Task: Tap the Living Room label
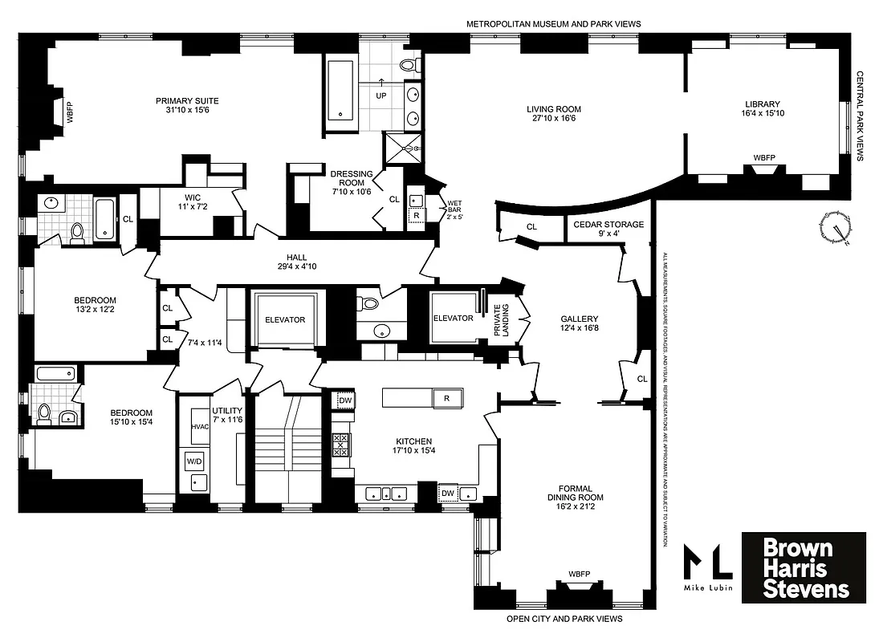(553, 114)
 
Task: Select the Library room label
(762, 109)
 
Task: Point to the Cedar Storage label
(608, 230)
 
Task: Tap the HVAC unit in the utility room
(200, 426)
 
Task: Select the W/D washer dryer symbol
(194, 461)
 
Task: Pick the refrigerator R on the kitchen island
(447, 397)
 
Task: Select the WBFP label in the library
(763, 158)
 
